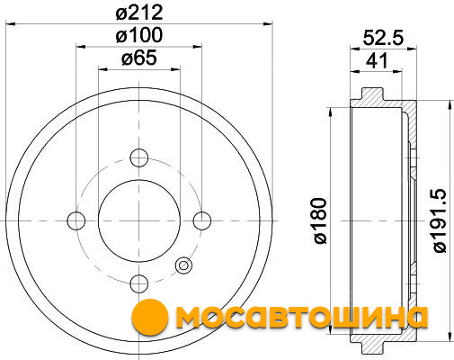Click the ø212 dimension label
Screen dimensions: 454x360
139,13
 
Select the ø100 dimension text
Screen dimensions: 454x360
139,35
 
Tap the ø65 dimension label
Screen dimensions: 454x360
139,58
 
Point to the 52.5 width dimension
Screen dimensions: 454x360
383,38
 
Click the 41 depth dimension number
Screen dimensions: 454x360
377,61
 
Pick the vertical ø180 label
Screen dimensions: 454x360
319,220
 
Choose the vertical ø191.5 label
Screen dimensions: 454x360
441,220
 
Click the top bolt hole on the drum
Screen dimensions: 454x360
139,157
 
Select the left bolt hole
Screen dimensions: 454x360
76,220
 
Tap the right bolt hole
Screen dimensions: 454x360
202,220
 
